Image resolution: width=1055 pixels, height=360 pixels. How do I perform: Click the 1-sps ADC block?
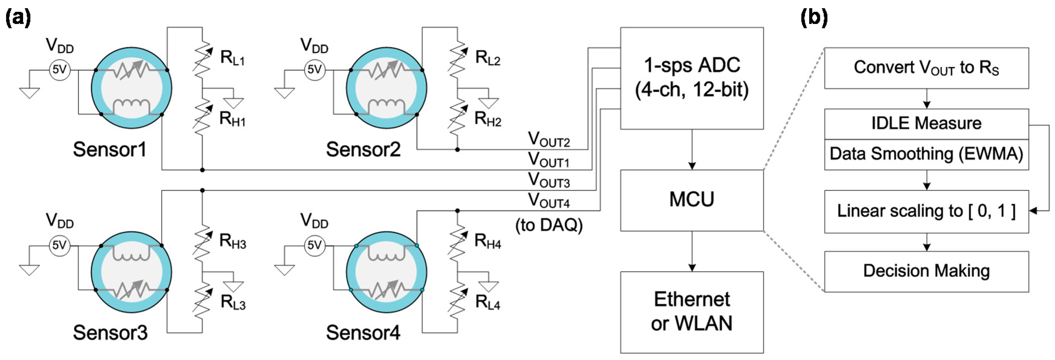691,78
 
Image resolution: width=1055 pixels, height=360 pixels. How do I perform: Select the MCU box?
691,200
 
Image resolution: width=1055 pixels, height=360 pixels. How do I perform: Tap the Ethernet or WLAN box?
691,312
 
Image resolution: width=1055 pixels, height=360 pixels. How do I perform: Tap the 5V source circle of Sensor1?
60,70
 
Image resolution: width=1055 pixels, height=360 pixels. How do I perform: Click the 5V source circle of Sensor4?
315,245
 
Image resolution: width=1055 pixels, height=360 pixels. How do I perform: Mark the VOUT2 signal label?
549,140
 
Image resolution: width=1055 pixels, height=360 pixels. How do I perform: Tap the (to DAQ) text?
549,225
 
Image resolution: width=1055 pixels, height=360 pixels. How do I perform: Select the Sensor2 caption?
363,149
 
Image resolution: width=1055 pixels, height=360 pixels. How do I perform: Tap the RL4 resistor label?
488,303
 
